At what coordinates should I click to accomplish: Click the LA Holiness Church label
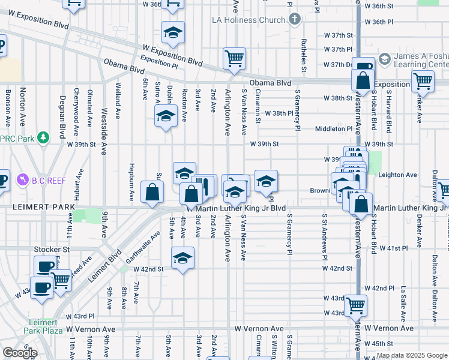(249, 20)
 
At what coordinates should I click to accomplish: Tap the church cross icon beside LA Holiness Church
(294, 20)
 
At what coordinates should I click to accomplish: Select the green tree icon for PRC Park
(43, 138)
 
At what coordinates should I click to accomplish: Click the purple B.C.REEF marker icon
(23, 179)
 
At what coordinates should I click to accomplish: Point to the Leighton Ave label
(398, 175)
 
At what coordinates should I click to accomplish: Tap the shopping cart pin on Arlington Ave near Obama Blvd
(234, 59)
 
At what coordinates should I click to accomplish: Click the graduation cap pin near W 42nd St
(182, 259)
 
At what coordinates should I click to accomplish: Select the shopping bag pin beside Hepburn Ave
(152, 192)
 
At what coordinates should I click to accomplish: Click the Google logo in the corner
(20, 353)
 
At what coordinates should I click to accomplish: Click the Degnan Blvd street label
(62, 115)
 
